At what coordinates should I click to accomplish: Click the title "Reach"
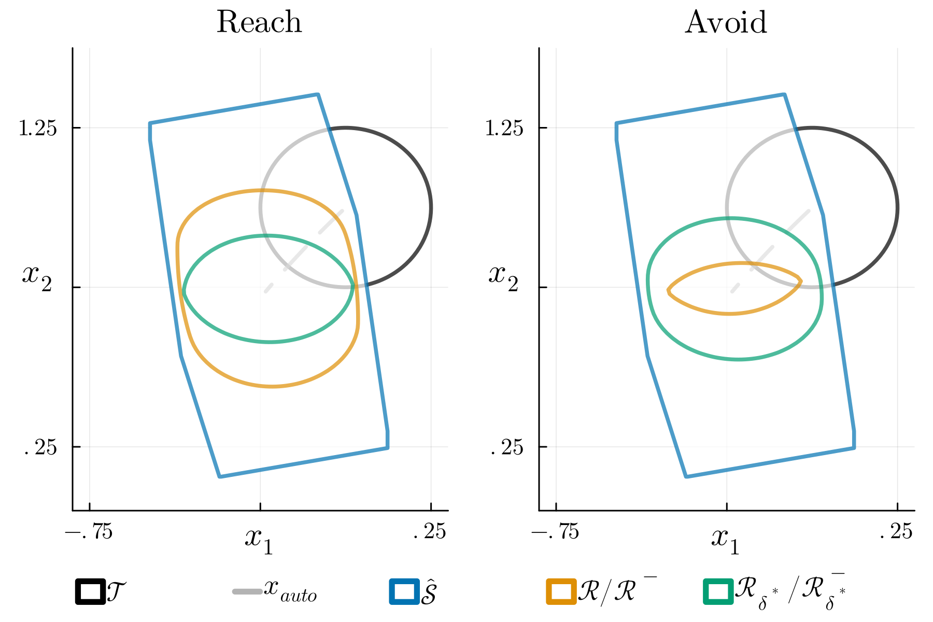point(259,23)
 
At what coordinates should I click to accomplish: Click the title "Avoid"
point(726,23)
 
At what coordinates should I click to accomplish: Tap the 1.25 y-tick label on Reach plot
point(37,128)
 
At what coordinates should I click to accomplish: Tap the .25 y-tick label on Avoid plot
point(507,447)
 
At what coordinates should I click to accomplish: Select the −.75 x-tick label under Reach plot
point(89,532)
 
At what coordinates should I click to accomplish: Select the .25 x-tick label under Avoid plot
point(896,532)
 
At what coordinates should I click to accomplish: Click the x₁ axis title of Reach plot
point(259,540)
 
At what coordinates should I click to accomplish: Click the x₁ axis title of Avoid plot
point(725,540)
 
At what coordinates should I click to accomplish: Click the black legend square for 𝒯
point(91,591)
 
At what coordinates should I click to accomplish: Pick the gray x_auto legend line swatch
point(247,591)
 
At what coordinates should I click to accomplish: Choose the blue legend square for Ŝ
point(404,591)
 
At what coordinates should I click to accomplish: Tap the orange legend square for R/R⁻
point(561,591)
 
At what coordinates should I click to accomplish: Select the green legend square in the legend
point(718,591)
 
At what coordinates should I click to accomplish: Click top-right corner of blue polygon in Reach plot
point(318,94)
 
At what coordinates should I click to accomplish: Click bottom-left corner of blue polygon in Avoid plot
point(686,476)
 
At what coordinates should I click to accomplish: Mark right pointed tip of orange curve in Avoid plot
point(801,281)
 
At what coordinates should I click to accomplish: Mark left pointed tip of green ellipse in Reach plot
point(183,292)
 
